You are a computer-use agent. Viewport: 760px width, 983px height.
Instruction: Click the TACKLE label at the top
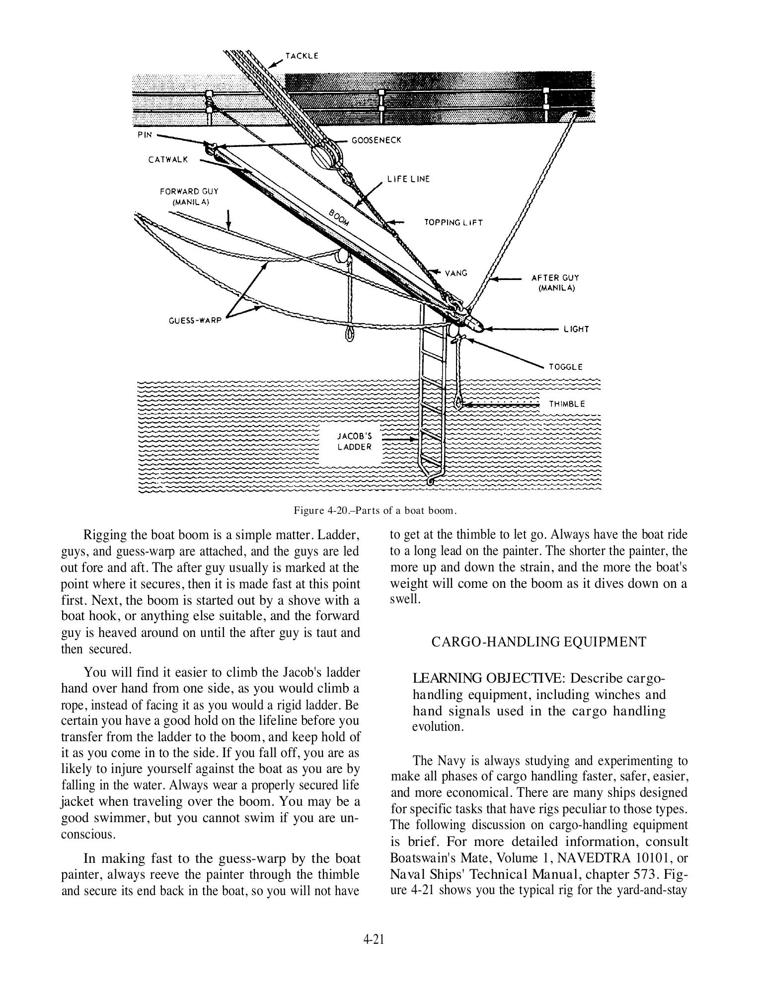[x=302, y=56]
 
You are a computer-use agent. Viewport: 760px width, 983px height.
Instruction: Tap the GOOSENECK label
[x=376, y=140]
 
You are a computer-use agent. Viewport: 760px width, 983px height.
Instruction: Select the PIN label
[x=145, y=135]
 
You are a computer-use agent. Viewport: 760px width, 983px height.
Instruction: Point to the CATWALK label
[x=168, y=160]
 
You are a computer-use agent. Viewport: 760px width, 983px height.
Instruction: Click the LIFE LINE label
[x=408, y=179]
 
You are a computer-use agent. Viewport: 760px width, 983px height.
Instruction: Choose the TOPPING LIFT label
[x=453, y=222]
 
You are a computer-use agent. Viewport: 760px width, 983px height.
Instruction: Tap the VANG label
[x=456, y=273]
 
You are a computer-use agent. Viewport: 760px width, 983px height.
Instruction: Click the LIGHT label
[x=576, y=329]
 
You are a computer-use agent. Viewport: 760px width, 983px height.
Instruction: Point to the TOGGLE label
[x=565, y=367]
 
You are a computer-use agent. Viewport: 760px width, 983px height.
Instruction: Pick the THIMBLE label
[x=567, y=404]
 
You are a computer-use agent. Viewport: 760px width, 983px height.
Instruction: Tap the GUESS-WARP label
[x=195, y=320]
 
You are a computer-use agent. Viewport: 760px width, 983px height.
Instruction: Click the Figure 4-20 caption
[x=375, y=510]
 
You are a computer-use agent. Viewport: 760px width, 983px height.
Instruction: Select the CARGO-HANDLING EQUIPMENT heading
[x=539, y=642]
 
